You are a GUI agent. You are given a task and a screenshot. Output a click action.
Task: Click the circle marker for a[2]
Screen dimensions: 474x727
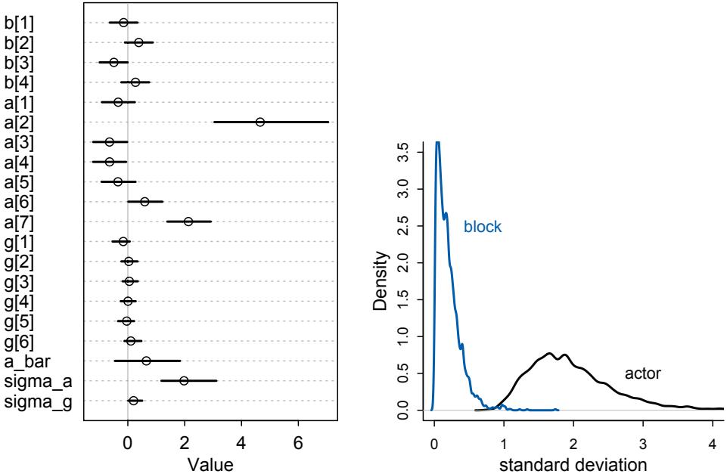pyautogui.click(x=259, y=122)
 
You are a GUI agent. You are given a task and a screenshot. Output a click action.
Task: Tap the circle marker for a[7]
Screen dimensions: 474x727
pyautogui.click(x=188, y=222)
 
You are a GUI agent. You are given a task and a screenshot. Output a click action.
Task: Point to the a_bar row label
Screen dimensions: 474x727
pyautogui.click(x=29, y=361)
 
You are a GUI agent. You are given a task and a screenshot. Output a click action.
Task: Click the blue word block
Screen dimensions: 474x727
pyautogui.click(x=482, y=227)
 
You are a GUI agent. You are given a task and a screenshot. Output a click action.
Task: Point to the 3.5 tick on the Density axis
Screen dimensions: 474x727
pyautogui.click(x=409, y=151)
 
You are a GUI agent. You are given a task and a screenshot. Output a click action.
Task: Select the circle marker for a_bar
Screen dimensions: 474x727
pyautogui.click(x=146, y=361)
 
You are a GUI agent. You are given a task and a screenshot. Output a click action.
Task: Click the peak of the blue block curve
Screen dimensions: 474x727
pyautogui.click(x=437, y=142)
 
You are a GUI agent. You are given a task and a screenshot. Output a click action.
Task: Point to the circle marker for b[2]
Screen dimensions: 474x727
pyautogui.click(x=138, y=42)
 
